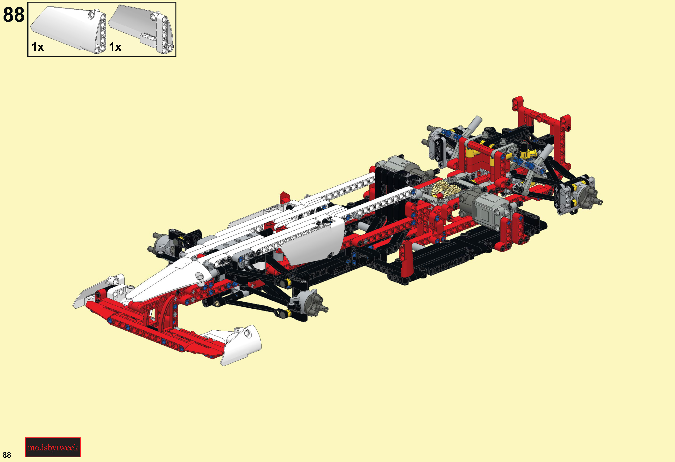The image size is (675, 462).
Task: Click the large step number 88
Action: [14, 14]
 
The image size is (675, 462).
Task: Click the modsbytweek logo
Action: [53, 447]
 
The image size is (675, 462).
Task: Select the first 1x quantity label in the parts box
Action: [38, 47]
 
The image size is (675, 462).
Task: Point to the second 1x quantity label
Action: [115, 47]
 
